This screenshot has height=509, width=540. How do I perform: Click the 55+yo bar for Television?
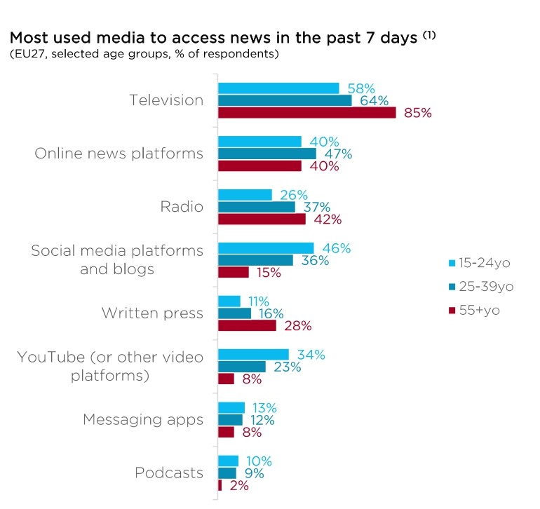pyautogui.click(x=307, y=113)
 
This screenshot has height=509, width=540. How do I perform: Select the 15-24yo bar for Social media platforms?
pyautogui.click(x=266, y=247)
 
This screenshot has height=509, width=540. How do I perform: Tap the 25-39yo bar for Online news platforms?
pyautogui.click(x=267, y=154)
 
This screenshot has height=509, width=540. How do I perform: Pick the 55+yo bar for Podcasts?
pyautogui.click(x=220, y=485)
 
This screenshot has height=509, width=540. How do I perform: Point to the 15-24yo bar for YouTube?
pyautogui.click(x=253, y=354)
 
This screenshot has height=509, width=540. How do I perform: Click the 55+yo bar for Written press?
pyautogui.click(x=247, y=325)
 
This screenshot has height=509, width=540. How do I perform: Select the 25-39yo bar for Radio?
pyautogui.click(x=257, y=207)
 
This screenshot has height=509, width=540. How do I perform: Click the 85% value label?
pyautogui.click(x=418, y=113)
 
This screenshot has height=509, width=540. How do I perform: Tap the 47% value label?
pyautogui.click(x=337, y=154)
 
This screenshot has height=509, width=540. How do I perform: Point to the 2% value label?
pyautogui.click(x=238, y=485)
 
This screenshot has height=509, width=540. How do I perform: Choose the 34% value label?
pyautogui.click(x=310, y=354)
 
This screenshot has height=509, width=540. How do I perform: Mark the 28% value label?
pyautogui.click(x=297, y=325)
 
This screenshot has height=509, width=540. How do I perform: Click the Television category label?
pyautogui.click(x=166, y=100)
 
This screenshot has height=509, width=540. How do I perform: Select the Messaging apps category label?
pyautogui.click(x=143, y=420)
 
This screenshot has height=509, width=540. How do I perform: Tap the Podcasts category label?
pyautogui.click(x=169, y=473)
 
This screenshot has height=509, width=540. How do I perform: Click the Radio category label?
pyautogui.click(x=182, y=207)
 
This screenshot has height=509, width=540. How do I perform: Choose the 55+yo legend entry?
pyautogui.click(x=475, y=310)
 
